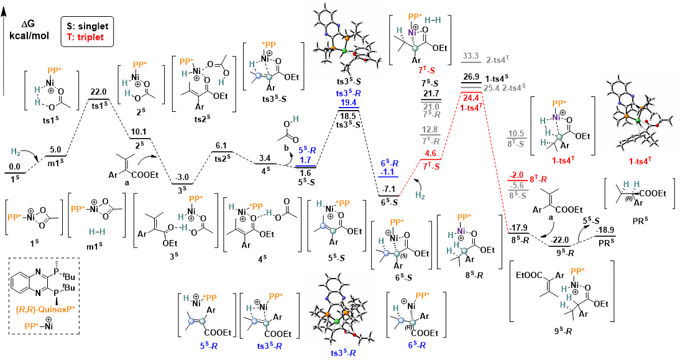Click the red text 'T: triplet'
coord(85,37)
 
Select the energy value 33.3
coord(471,56)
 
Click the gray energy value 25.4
coord(491,88)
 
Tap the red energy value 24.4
coord(471,98)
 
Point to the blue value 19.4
coord(348,103)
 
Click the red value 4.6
coord(430,154)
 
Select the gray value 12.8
coord(430,130)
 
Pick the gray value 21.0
coord(431,106)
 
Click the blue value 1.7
coord(305,160)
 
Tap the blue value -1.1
coord(388,172)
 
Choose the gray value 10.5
coord(516,134)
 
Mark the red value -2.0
coord(517,175)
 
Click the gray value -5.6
coord(517,185)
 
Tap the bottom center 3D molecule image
coord(341,308)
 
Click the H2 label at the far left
coord(16,152)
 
